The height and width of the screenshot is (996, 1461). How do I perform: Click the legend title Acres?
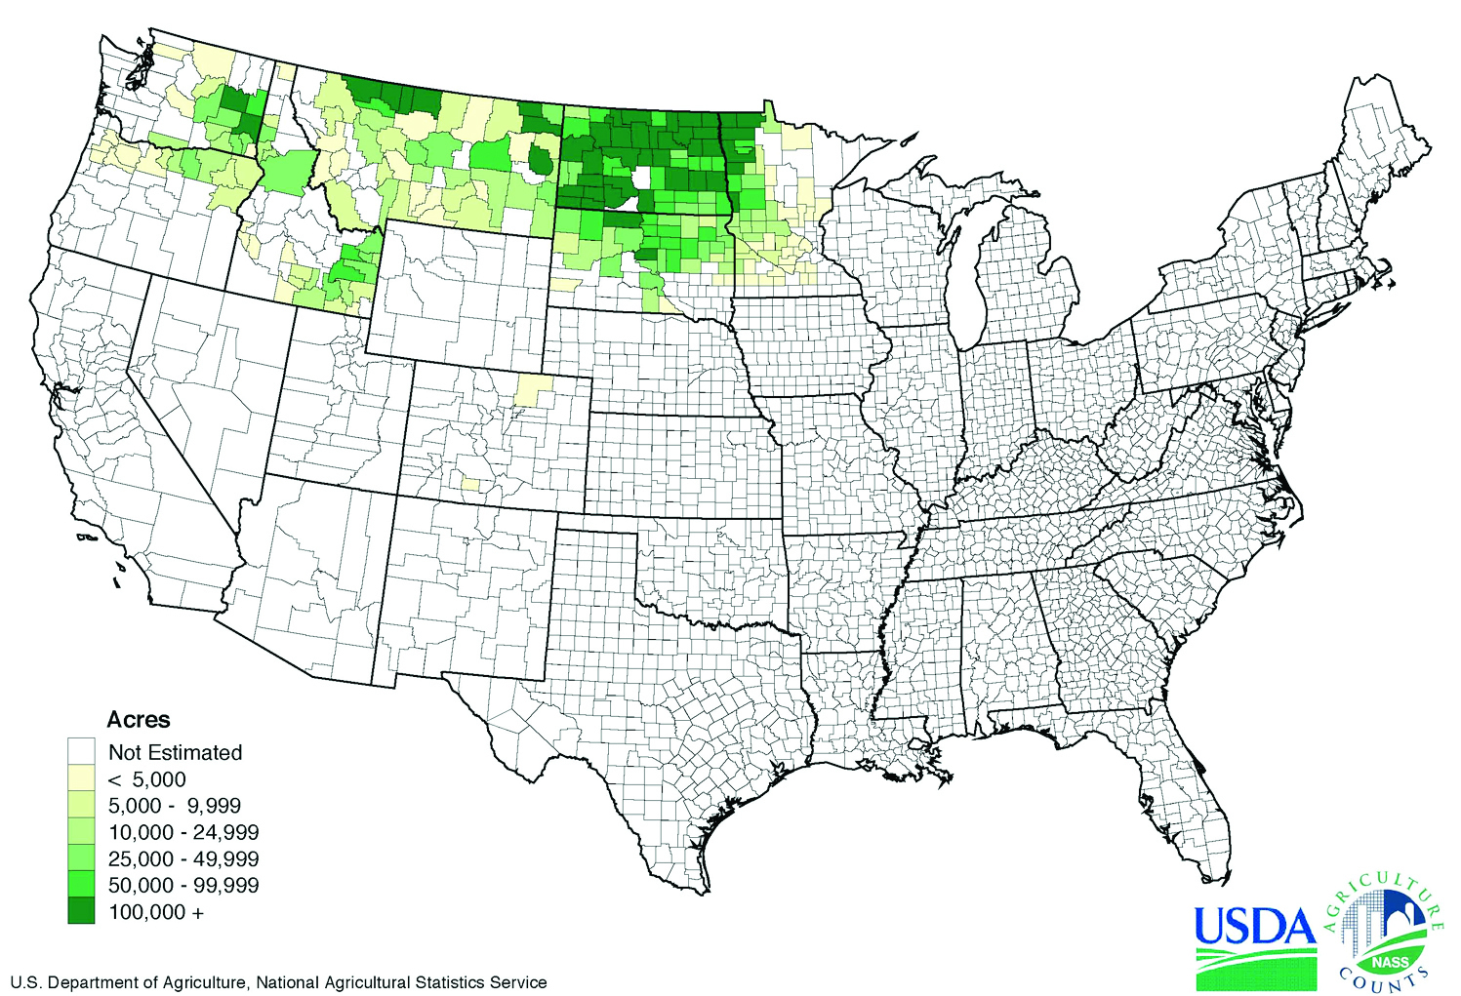pos(138,720)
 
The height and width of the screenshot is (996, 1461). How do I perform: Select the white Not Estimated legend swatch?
pos(81,752)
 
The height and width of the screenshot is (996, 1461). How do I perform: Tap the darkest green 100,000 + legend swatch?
pos(81,912)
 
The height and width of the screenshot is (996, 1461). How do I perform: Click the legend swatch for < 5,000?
pos(81,778)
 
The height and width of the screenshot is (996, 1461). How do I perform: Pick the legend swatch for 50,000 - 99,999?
pos(81,886)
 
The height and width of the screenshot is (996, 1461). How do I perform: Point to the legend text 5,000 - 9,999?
pos(174,806)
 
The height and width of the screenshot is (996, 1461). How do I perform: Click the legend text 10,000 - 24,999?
pos(183,832)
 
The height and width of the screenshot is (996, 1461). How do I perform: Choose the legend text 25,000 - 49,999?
pos(183,859)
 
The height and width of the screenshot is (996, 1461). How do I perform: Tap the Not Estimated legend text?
pos(175,752)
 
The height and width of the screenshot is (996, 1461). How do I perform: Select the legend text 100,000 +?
pos(156,912)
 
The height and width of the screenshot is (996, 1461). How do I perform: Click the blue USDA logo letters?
pos(1255,926)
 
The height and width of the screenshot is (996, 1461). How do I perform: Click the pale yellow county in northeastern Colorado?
pos(532,390)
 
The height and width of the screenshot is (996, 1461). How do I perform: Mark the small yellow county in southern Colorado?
pos(470,484)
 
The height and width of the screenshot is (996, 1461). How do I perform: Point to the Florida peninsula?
pos(1186,810)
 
